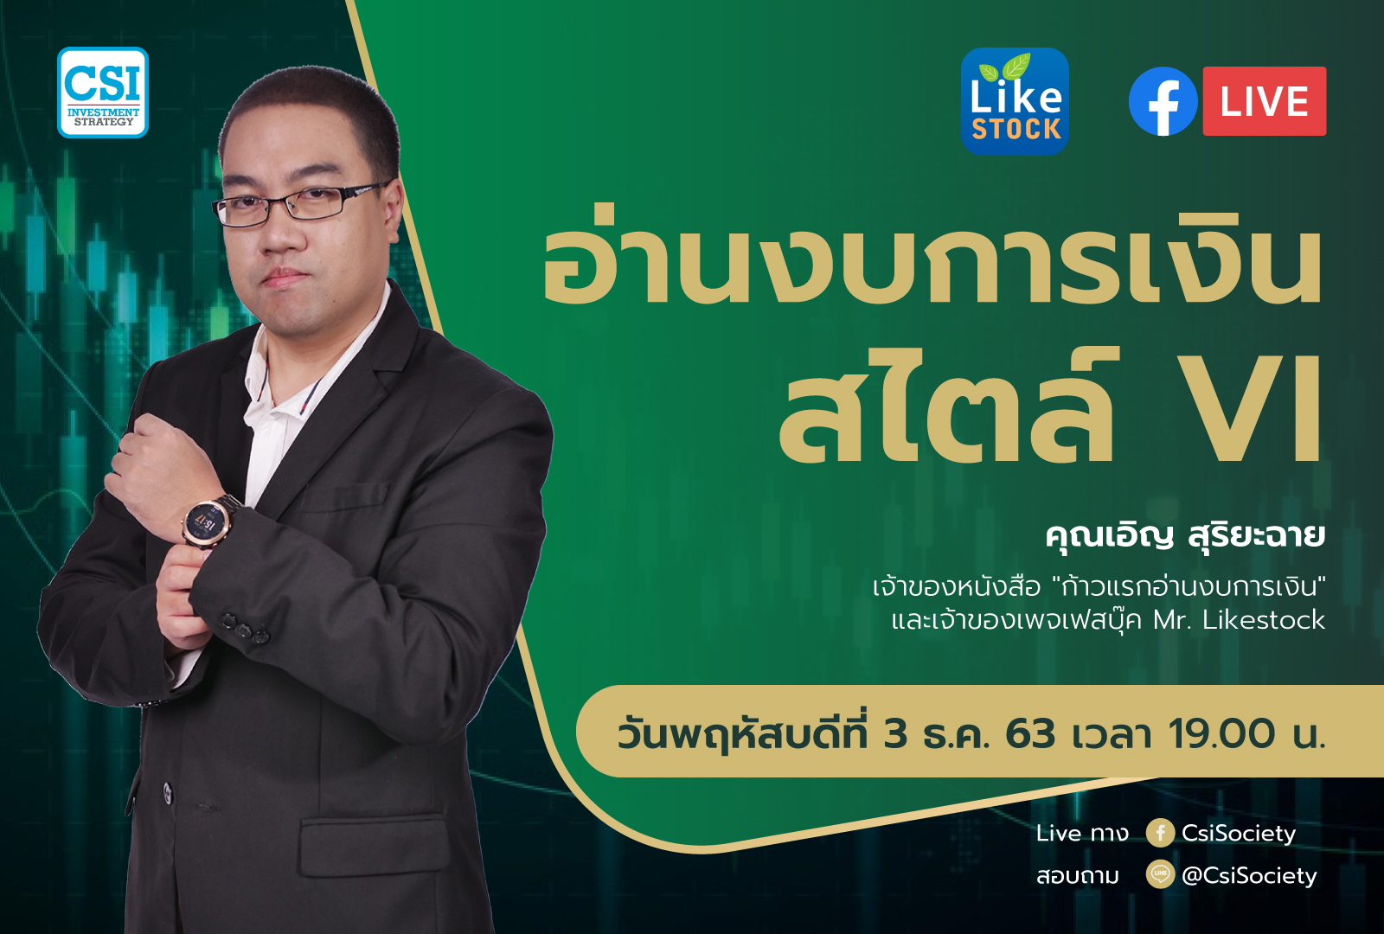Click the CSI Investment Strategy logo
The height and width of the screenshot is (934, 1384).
point(103,93)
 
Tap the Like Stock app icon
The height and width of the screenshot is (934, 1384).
point(1016,101)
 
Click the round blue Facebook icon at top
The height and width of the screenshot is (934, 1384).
point(1163,101)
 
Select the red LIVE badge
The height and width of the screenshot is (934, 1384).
point(1264,101)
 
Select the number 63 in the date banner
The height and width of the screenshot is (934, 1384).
point(1030,734)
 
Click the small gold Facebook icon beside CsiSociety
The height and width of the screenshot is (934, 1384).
point(1160,834)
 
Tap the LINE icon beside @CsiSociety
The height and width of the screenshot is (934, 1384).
point(1160,874)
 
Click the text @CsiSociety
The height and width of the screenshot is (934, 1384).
point(1249,876)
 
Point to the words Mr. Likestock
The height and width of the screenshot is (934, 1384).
point(1239,620)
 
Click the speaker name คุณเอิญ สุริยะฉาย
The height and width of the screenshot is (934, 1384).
point(1186,536)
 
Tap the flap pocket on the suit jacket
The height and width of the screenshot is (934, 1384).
point(375,844)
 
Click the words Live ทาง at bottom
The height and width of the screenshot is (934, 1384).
point(1082,834)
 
